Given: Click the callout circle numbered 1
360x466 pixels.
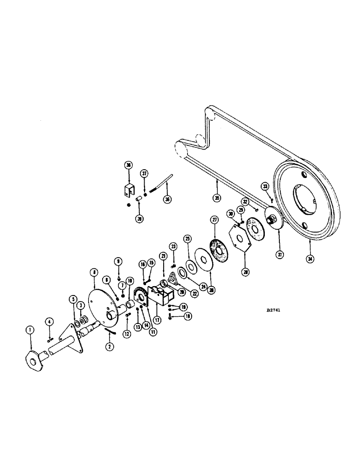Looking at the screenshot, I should click(30, 329).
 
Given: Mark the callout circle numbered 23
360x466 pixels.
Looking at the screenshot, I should click(173, 246).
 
